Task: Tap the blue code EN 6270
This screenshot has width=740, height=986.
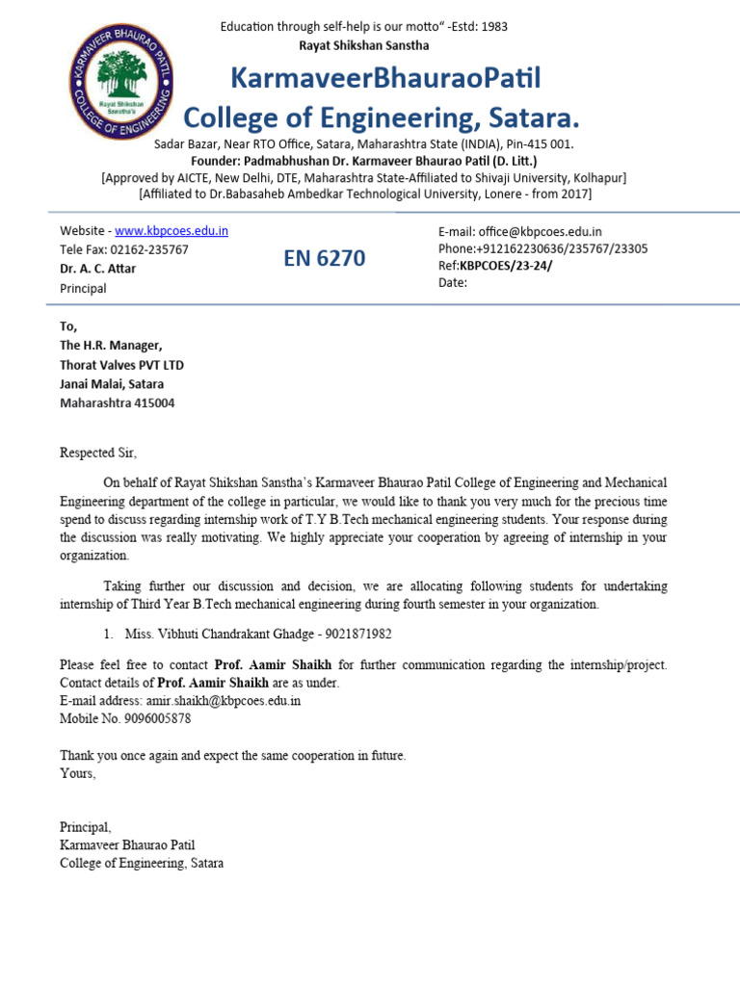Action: point(324,258)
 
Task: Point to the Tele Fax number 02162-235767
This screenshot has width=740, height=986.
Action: point(150,249)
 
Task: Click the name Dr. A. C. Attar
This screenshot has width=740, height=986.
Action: point(97,269)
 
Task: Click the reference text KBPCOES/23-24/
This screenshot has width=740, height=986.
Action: point(506,266)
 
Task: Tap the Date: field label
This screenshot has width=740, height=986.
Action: point(452,283)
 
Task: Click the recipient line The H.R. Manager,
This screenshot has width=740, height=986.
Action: point(111,346)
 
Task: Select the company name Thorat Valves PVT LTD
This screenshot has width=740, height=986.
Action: point(121,365)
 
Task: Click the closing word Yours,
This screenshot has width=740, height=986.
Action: point(78,773)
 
